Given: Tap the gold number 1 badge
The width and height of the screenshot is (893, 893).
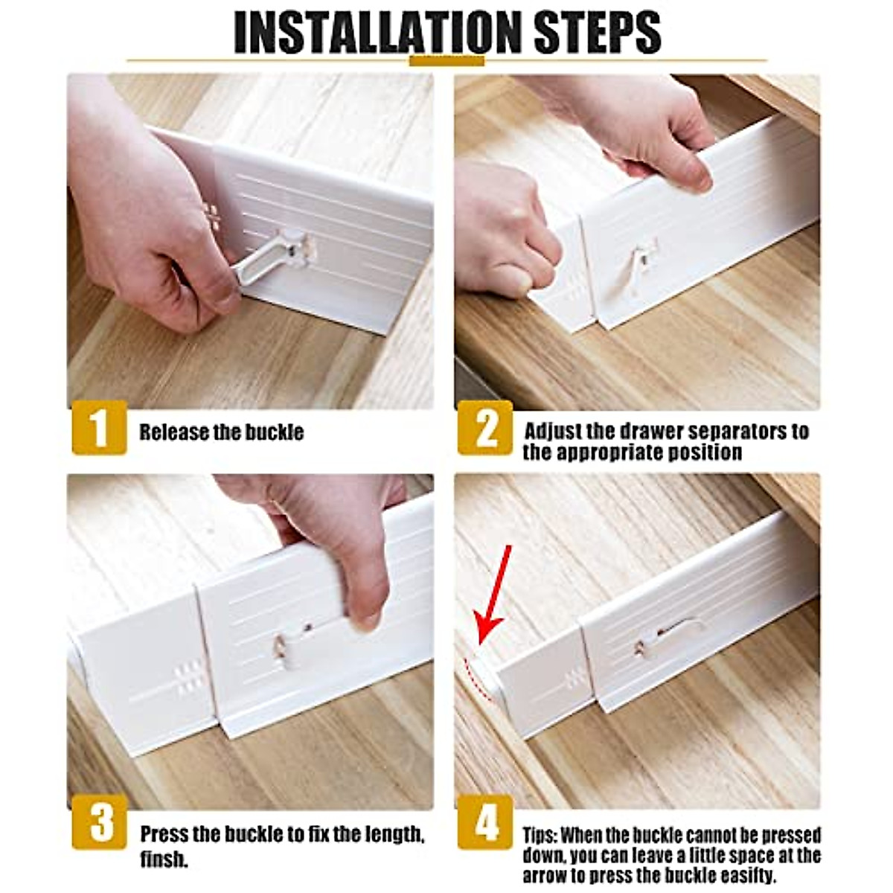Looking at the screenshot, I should pyautogui.click(x=99, y=427).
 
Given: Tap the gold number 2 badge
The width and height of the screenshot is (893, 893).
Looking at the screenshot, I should pyautogui.click(x=485, y=427).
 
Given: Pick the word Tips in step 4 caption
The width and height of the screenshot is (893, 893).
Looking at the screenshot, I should pyautogui.click(x=539, y=834).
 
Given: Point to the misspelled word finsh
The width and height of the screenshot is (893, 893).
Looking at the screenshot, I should pyautogui.click(x=164, y=860).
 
